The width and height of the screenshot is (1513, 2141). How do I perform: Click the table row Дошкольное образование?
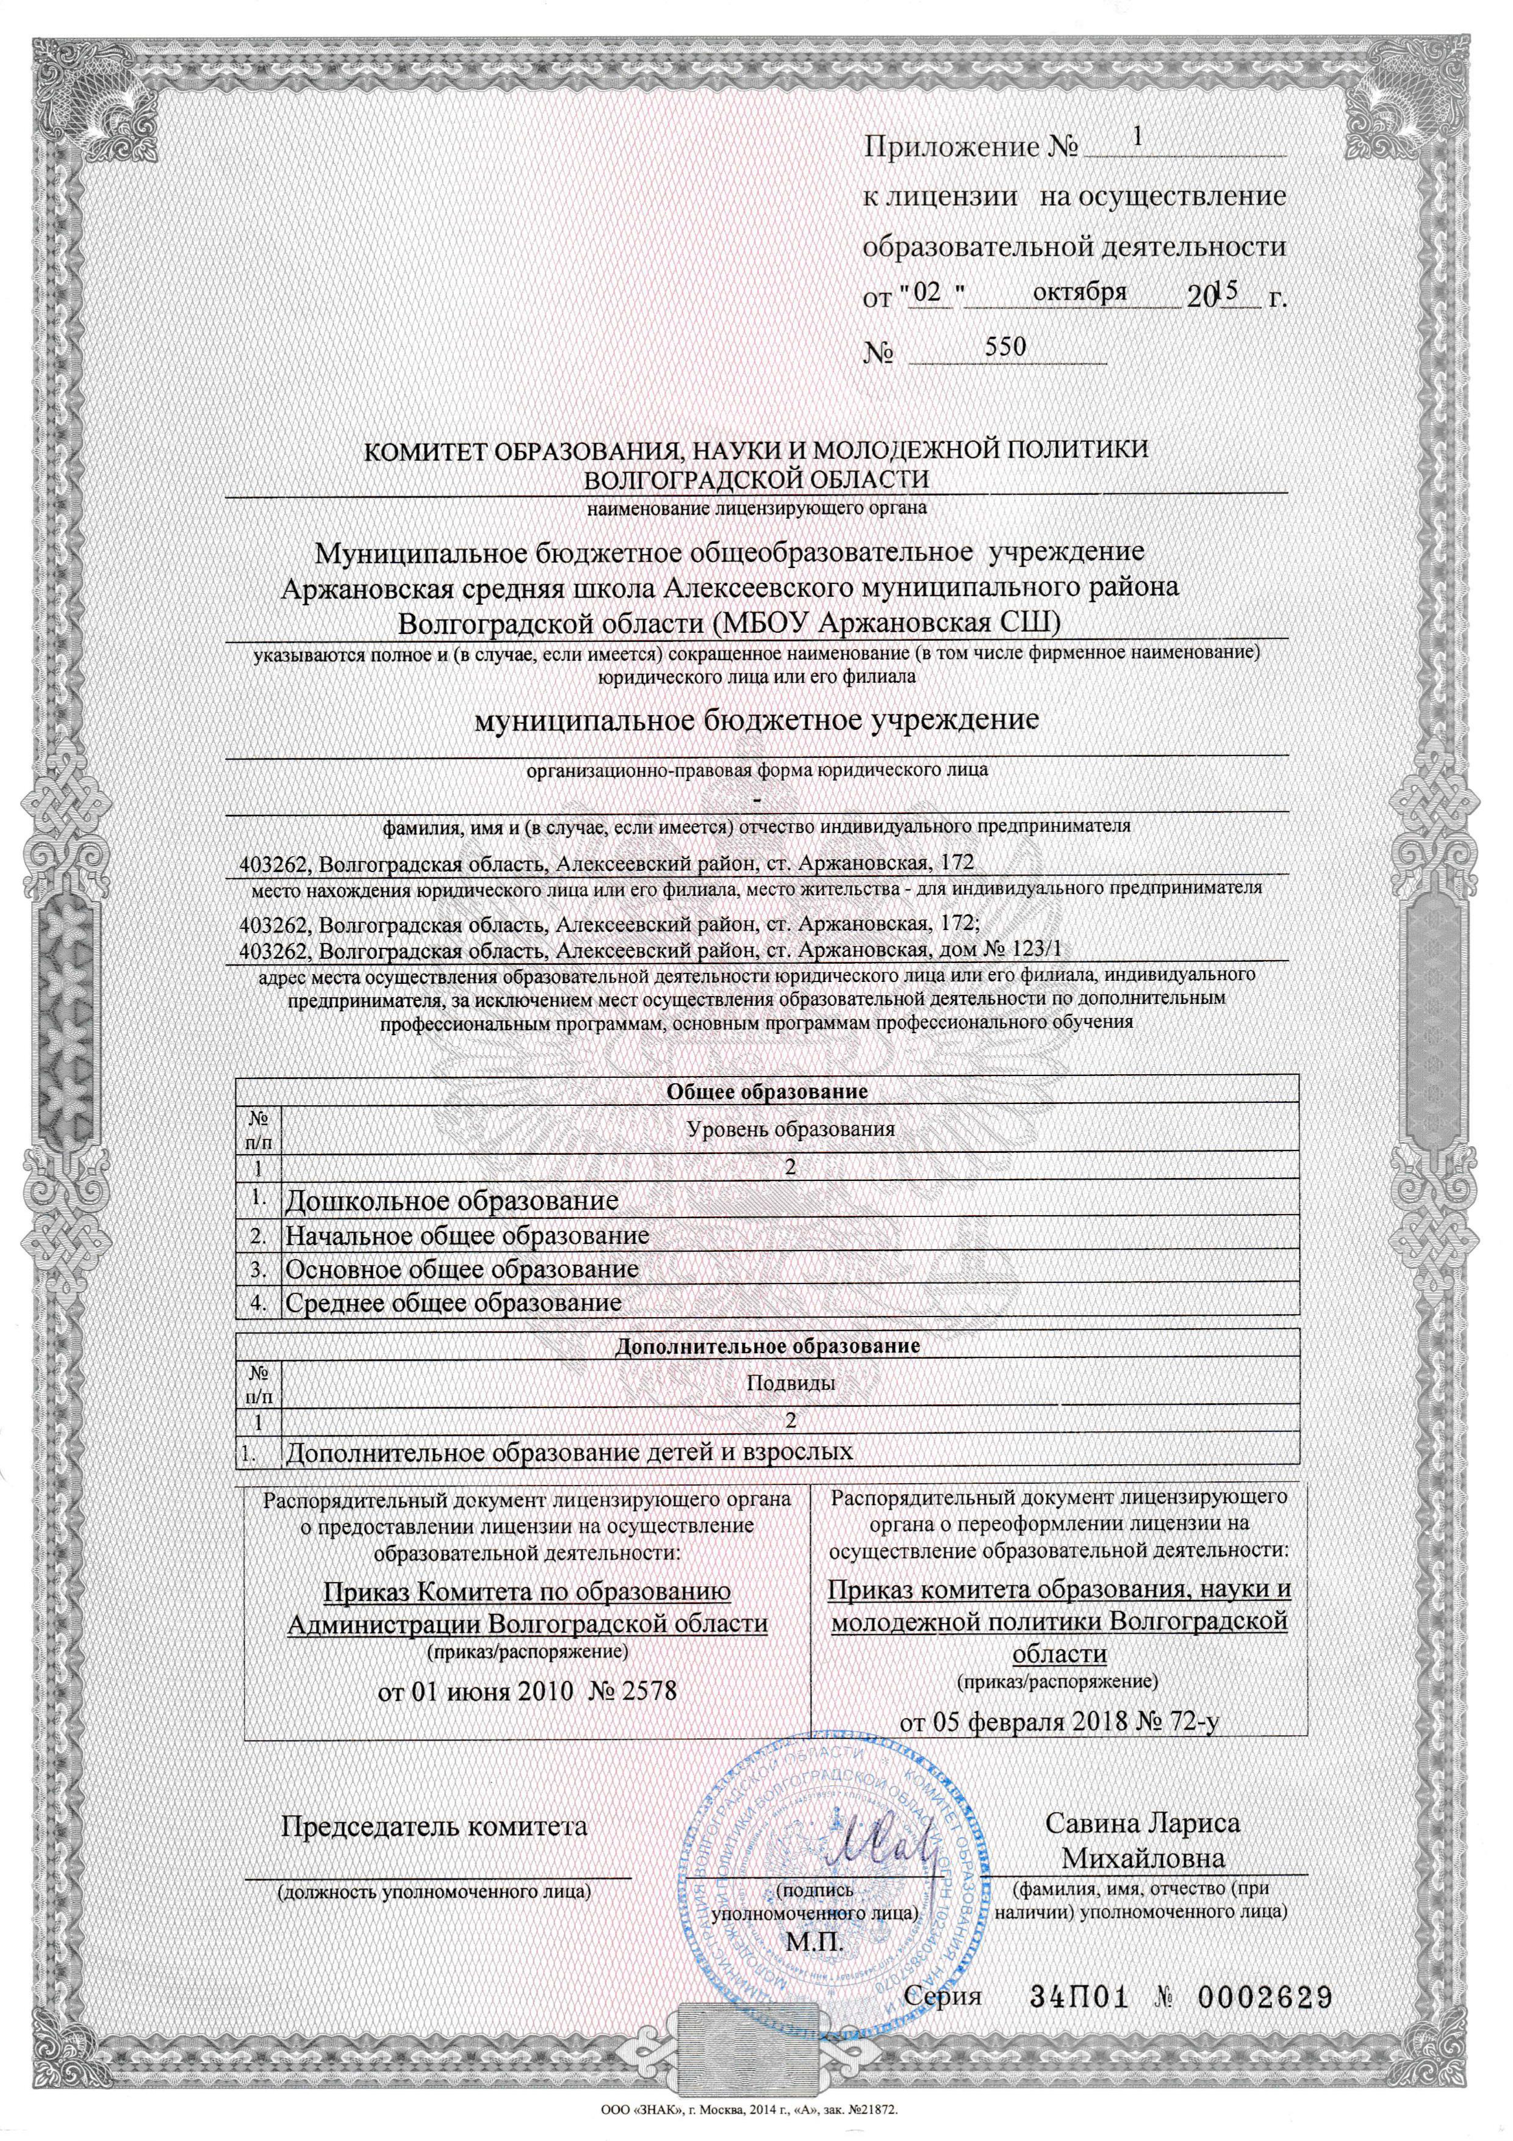tap(452, 1200)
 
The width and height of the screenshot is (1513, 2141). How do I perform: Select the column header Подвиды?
tap(791, 1383)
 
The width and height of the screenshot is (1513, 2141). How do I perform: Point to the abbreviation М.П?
tap(815, 1936)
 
